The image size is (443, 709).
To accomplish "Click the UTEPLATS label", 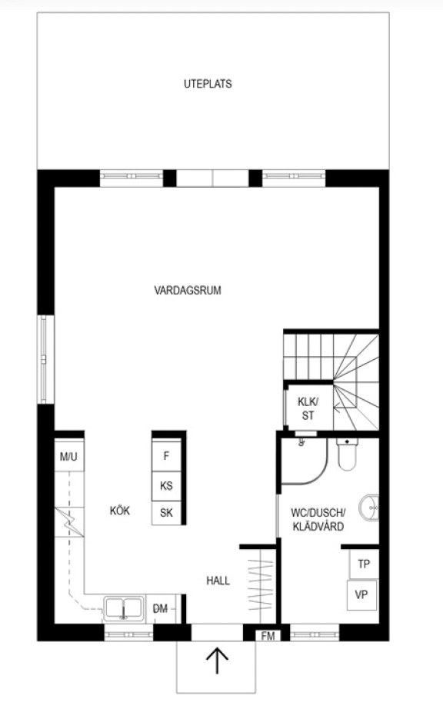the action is pyautogui.click(x=208, y=84).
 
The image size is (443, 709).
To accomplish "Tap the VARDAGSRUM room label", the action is pyautogui.click(x=188, y=291).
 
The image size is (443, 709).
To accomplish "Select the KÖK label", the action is pyautogui.click(x=120, y=511).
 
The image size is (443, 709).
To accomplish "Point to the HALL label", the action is pyautogui.click(x=218, y=581).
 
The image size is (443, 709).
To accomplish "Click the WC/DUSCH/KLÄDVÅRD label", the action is pyautogui.click(x=318, y=520).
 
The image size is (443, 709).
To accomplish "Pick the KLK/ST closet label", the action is pyautogui.click(x=308, y=408).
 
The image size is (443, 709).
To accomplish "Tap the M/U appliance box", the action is pyautogui.click(x=68, y=456).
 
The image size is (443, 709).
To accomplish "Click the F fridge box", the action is pyautogui.click(x=166, y=456).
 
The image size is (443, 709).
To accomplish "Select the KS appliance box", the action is pyautogui.click(x=166, y=486).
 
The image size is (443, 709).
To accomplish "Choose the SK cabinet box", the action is pyautogui.click(x=166, y=513).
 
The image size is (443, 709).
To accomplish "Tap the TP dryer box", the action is pyautogui.click(x=364, y=564).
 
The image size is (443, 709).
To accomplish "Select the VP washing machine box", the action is pyautogui.click(x=361, y=595).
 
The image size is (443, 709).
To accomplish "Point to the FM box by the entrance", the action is pyautogui.click(x=268, y=636).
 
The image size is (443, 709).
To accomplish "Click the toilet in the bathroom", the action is pyautogui.click(x=347, y=454).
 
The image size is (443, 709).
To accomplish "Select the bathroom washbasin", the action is pyautogui.click(x=369, y=508).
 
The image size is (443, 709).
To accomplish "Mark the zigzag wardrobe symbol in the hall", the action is pyautogui.click(x=261, y=585).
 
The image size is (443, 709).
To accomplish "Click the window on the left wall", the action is pyautogui.click(x=43, y=359).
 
